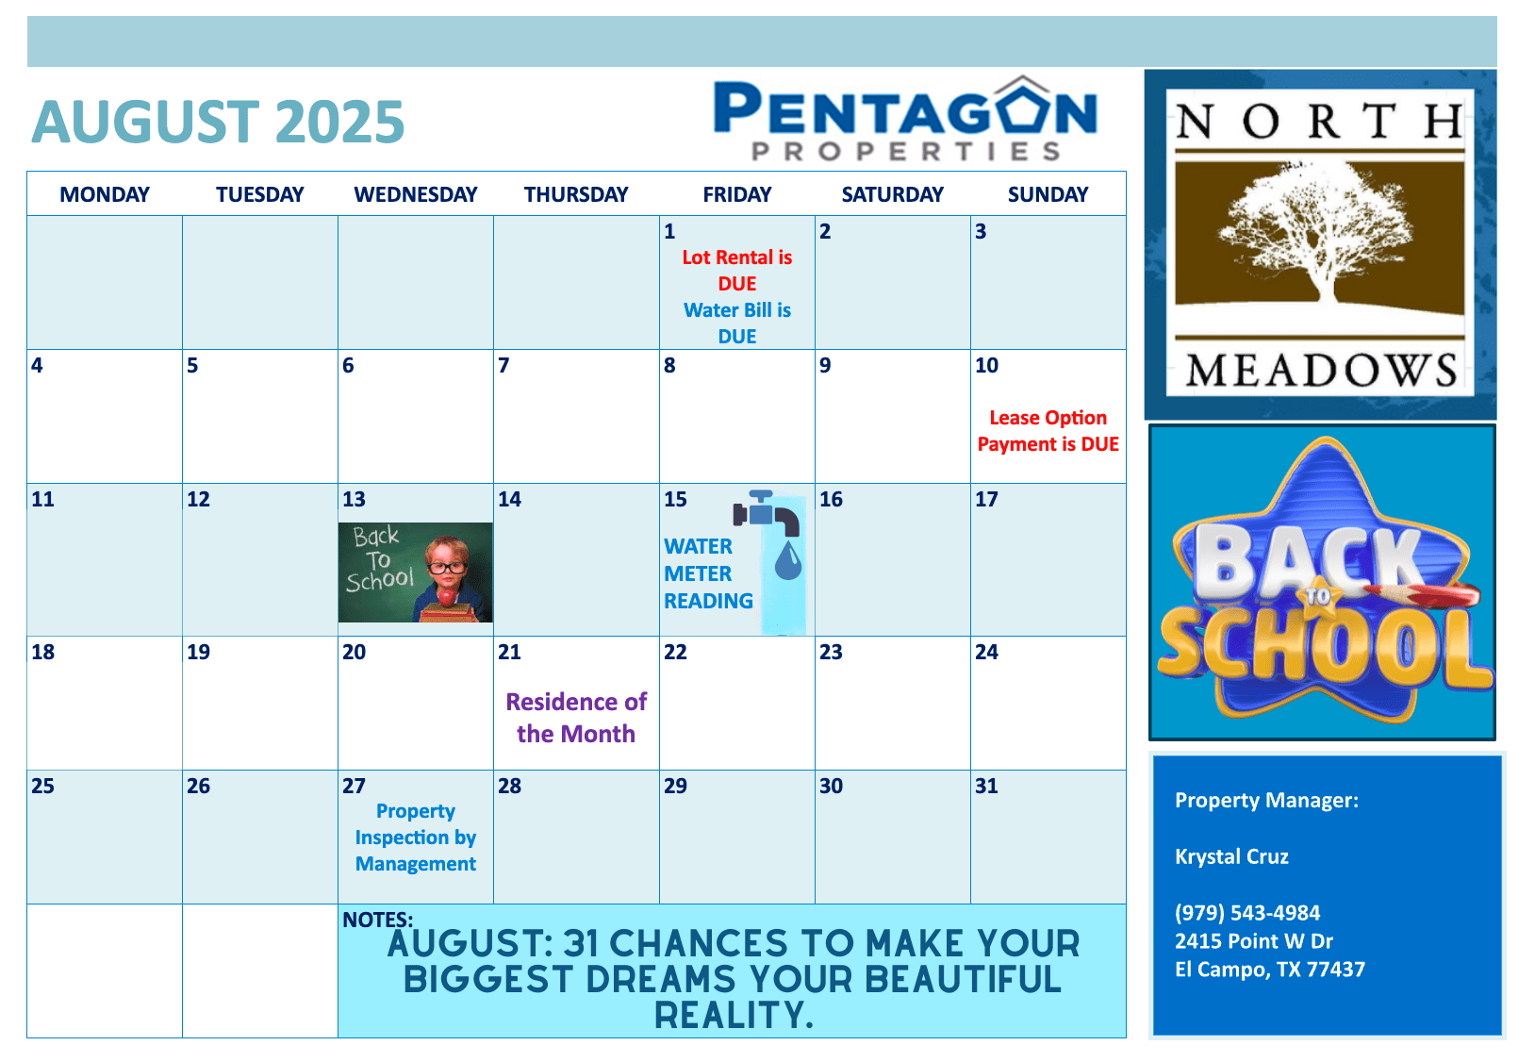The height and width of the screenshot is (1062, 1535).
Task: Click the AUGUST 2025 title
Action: [x=218, y=122]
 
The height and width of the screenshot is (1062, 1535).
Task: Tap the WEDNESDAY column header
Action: [x=415, y=194]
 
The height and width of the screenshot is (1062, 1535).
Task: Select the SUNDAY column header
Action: [x=1048, y=194]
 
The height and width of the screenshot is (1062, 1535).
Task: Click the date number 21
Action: [x=509, y=652]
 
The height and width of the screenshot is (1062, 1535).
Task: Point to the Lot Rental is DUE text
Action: [x=736, y=270]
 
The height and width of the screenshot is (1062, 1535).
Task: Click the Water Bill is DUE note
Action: [x=736, y=323]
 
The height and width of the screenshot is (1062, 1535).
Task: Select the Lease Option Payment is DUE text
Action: [x=1048, y=431]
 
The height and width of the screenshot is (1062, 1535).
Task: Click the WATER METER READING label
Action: [x=708, y=573]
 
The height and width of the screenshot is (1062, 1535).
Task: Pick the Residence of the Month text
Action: [x=575, y=717]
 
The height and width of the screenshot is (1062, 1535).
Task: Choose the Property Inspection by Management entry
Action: [x=415, y=838]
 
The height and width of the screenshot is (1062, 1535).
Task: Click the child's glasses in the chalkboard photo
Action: [x=448, y=568]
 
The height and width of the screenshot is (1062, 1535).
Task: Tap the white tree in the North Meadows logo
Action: [x=1315, y=230]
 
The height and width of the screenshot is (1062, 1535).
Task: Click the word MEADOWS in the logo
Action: [x=1321, y=371]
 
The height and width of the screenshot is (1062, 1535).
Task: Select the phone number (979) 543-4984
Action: [x=1247, y=913]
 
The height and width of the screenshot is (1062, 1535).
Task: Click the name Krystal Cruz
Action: [x=1231, y=856]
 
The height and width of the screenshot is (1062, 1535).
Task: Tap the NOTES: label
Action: [x=377, y=920]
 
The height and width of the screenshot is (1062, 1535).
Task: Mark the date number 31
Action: [x=986, y=786]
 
